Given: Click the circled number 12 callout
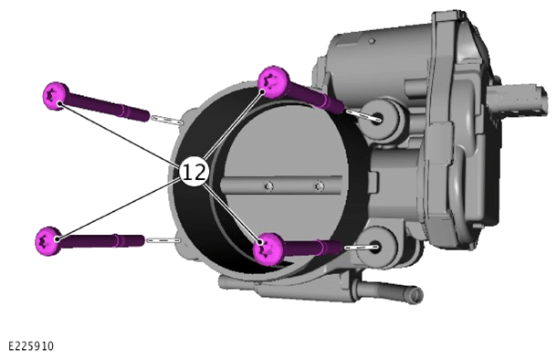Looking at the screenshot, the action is point(194,172).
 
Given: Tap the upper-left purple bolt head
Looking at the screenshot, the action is point(55,96).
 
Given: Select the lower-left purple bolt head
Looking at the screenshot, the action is point(48,241).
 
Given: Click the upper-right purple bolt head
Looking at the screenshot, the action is point(274,81).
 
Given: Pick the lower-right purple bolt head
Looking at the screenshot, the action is point(268,249).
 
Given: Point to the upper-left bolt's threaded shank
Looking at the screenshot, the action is point(108,106).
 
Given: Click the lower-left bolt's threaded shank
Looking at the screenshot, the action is point(102,241).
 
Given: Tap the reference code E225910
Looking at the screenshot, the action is point(31,345).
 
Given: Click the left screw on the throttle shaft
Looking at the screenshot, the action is point(268,186).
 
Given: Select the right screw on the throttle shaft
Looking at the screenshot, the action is point(320,185).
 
